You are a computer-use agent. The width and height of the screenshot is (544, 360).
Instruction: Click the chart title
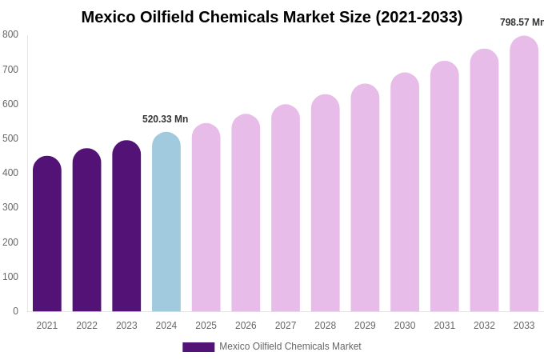(x=272, y=17)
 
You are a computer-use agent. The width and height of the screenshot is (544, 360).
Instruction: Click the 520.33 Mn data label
(x=166, y=119)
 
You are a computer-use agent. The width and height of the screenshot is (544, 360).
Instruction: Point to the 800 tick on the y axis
(x=10, y=34)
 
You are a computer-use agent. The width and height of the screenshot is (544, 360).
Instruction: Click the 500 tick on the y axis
(x=10, y=138)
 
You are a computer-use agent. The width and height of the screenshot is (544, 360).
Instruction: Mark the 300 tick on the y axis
(x=10, y=207)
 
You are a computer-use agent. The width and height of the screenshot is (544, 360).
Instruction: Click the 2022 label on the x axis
(x=86, y=326)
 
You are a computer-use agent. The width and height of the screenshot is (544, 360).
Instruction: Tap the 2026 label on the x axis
(x=246, y=326)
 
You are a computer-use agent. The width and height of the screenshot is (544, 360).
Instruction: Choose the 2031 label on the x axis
(x=445, y=326)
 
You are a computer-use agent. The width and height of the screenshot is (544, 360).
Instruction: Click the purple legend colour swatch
(x=198, y=347)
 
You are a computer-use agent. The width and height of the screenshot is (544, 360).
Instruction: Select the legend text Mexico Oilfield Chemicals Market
(x=290, y=346)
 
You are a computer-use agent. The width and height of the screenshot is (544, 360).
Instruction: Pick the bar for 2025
(x=206, y=218)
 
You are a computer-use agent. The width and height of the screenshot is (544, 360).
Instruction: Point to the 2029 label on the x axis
(x=365, y=326)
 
